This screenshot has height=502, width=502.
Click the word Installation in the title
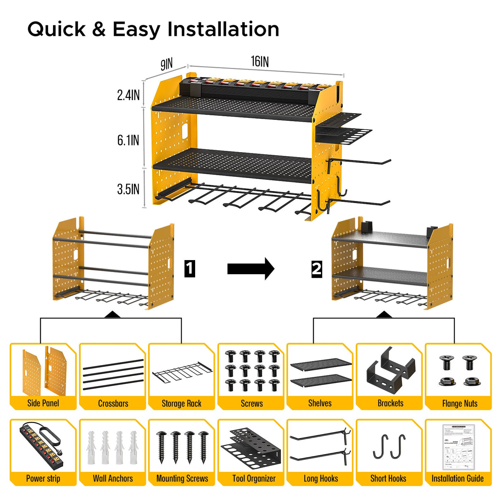[x=223, y=29]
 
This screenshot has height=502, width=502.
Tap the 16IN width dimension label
[x=260, y=62]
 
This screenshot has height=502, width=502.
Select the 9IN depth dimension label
[x=166, y=65]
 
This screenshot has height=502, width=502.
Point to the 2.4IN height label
[x=128, y=95]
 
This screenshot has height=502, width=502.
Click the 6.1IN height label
[x=128, y=140]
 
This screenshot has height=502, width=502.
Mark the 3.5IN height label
[x=128, y=189]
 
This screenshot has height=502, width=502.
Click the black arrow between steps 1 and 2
[x=251, y=269]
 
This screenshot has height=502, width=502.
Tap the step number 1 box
[x=189, y=269]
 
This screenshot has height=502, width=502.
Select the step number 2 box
[x=317, y=269]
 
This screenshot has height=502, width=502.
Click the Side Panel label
[x=43, y=403]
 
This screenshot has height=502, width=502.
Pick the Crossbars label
[x=113, y=404]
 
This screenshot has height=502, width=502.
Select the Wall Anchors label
[x=113, y=478]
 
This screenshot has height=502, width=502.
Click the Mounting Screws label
[x=182, y=478]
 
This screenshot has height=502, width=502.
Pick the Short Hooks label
[x=388, y=478]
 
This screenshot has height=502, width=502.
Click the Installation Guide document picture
[x=458, y=447]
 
